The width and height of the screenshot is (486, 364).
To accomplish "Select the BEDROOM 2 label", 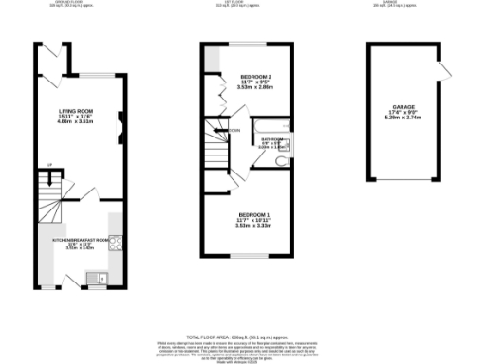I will (255, 76).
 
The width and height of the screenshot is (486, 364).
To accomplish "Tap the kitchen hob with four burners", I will (115, 244).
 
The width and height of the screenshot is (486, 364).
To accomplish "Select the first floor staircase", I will (217, 152).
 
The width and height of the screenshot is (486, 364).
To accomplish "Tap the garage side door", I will (441, 70).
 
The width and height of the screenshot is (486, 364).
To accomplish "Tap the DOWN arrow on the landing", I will (231, 130).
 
